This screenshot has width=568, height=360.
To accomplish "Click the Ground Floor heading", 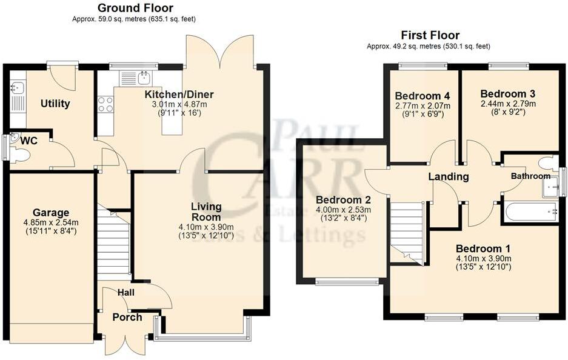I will click(x=135, y=8).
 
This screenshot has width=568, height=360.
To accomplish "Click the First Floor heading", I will click(x=430, y=35).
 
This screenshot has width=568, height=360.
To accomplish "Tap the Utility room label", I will click(x=55, y=104).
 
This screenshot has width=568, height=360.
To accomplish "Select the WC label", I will click(x=29, y=141).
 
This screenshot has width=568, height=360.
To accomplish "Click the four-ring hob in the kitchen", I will click(x=105, y=104).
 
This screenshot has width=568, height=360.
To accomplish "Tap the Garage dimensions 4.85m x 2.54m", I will click(x=51, y=222).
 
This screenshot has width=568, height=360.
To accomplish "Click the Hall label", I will click(x=126, y=293).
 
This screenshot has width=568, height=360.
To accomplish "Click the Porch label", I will click(x=127, y=317).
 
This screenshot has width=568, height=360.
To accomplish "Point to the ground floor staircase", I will click(x=113, y=242).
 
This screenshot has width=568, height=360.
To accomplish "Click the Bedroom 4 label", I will click(x=423, y=96).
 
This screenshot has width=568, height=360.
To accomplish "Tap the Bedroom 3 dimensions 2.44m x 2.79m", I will click(x=507, y=104).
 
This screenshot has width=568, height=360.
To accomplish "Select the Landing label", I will click(x=449, y=177).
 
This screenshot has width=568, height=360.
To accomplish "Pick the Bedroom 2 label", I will click(x=344, y=200).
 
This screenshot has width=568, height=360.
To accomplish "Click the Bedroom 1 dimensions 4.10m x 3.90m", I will click(x=483, y=258).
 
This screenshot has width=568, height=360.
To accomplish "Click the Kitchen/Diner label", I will click(x=178, y=95).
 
